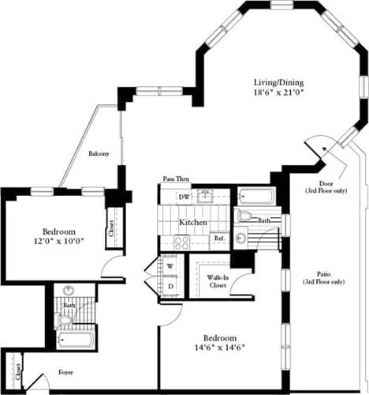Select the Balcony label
tap(99, 153)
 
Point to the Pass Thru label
tap(175, 179)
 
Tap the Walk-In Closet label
tap(218, 281)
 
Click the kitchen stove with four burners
tap(177, 243)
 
